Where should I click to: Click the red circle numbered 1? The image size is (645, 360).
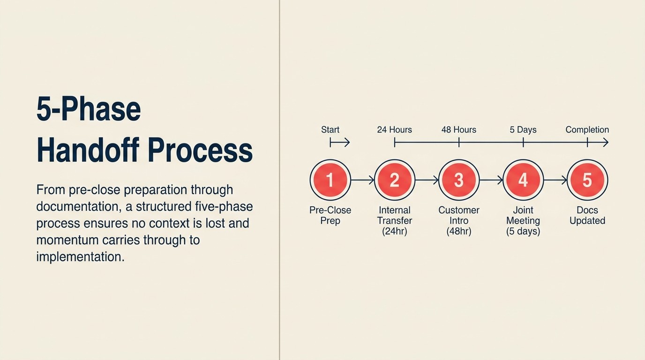(330, 180)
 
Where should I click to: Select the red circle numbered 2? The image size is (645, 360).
(394, 180)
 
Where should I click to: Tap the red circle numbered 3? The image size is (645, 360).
(458, 180)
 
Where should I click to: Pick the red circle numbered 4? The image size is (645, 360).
(523, 180)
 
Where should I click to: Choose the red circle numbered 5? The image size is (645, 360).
(587, 180)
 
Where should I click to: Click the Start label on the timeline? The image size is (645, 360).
(330, 130)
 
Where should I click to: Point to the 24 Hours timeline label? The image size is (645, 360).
(394, 130)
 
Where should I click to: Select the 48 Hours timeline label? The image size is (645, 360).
(458, 130)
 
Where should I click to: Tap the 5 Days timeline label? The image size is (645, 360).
(523, 130)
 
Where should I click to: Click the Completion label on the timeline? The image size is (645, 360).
(587, 130)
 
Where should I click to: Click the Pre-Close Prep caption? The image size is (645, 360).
(330, 215)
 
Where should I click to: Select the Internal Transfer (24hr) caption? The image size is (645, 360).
(394, 220)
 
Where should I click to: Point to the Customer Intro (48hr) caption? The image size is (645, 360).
(458, 220)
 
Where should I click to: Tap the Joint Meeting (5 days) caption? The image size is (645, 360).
(523, 220)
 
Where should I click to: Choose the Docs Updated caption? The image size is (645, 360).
(587, 215)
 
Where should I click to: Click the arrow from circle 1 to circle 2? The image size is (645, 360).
(362, 180)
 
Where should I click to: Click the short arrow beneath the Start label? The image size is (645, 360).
(340, 142)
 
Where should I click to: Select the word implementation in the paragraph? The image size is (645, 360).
(80, 257)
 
